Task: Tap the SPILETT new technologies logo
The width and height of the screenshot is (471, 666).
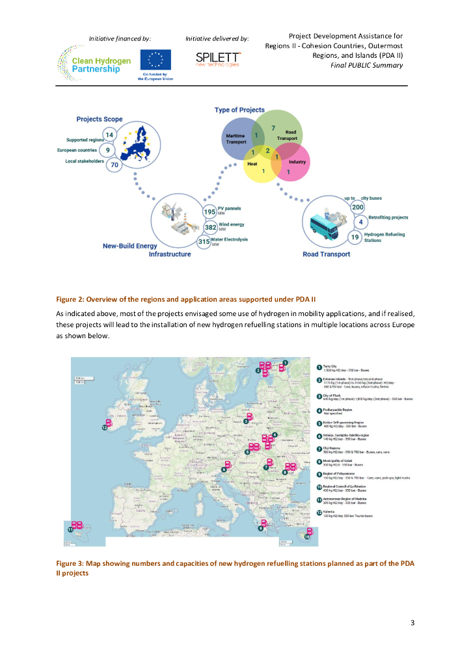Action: click(x=217, y=59)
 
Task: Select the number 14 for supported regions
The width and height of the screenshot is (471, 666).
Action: click(x=110, y=135)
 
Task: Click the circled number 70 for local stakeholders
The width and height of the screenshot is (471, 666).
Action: click(x=114, y=165)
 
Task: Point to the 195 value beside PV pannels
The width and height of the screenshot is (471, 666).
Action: click(x=209, y=211)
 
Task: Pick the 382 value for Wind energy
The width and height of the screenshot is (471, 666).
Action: click(x=210, y=227)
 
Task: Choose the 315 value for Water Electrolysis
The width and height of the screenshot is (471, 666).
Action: click(x=204, y=242)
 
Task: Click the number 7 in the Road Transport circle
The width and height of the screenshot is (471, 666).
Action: click(x=273, y=128)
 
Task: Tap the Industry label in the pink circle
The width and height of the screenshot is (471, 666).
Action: click(x=297, y=161)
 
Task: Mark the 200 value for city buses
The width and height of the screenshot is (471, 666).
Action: click(x=357, y=207)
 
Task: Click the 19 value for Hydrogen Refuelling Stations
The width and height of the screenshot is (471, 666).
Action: click(x=355, y=237)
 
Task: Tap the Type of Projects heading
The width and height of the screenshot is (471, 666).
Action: click(x=239, y=111)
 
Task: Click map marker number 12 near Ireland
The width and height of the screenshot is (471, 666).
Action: click(x=104, y=427)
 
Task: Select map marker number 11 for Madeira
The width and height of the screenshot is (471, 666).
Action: click(x=70, y=529)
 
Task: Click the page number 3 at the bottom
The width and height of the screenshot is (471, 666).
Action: click(x=412, y=623)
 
